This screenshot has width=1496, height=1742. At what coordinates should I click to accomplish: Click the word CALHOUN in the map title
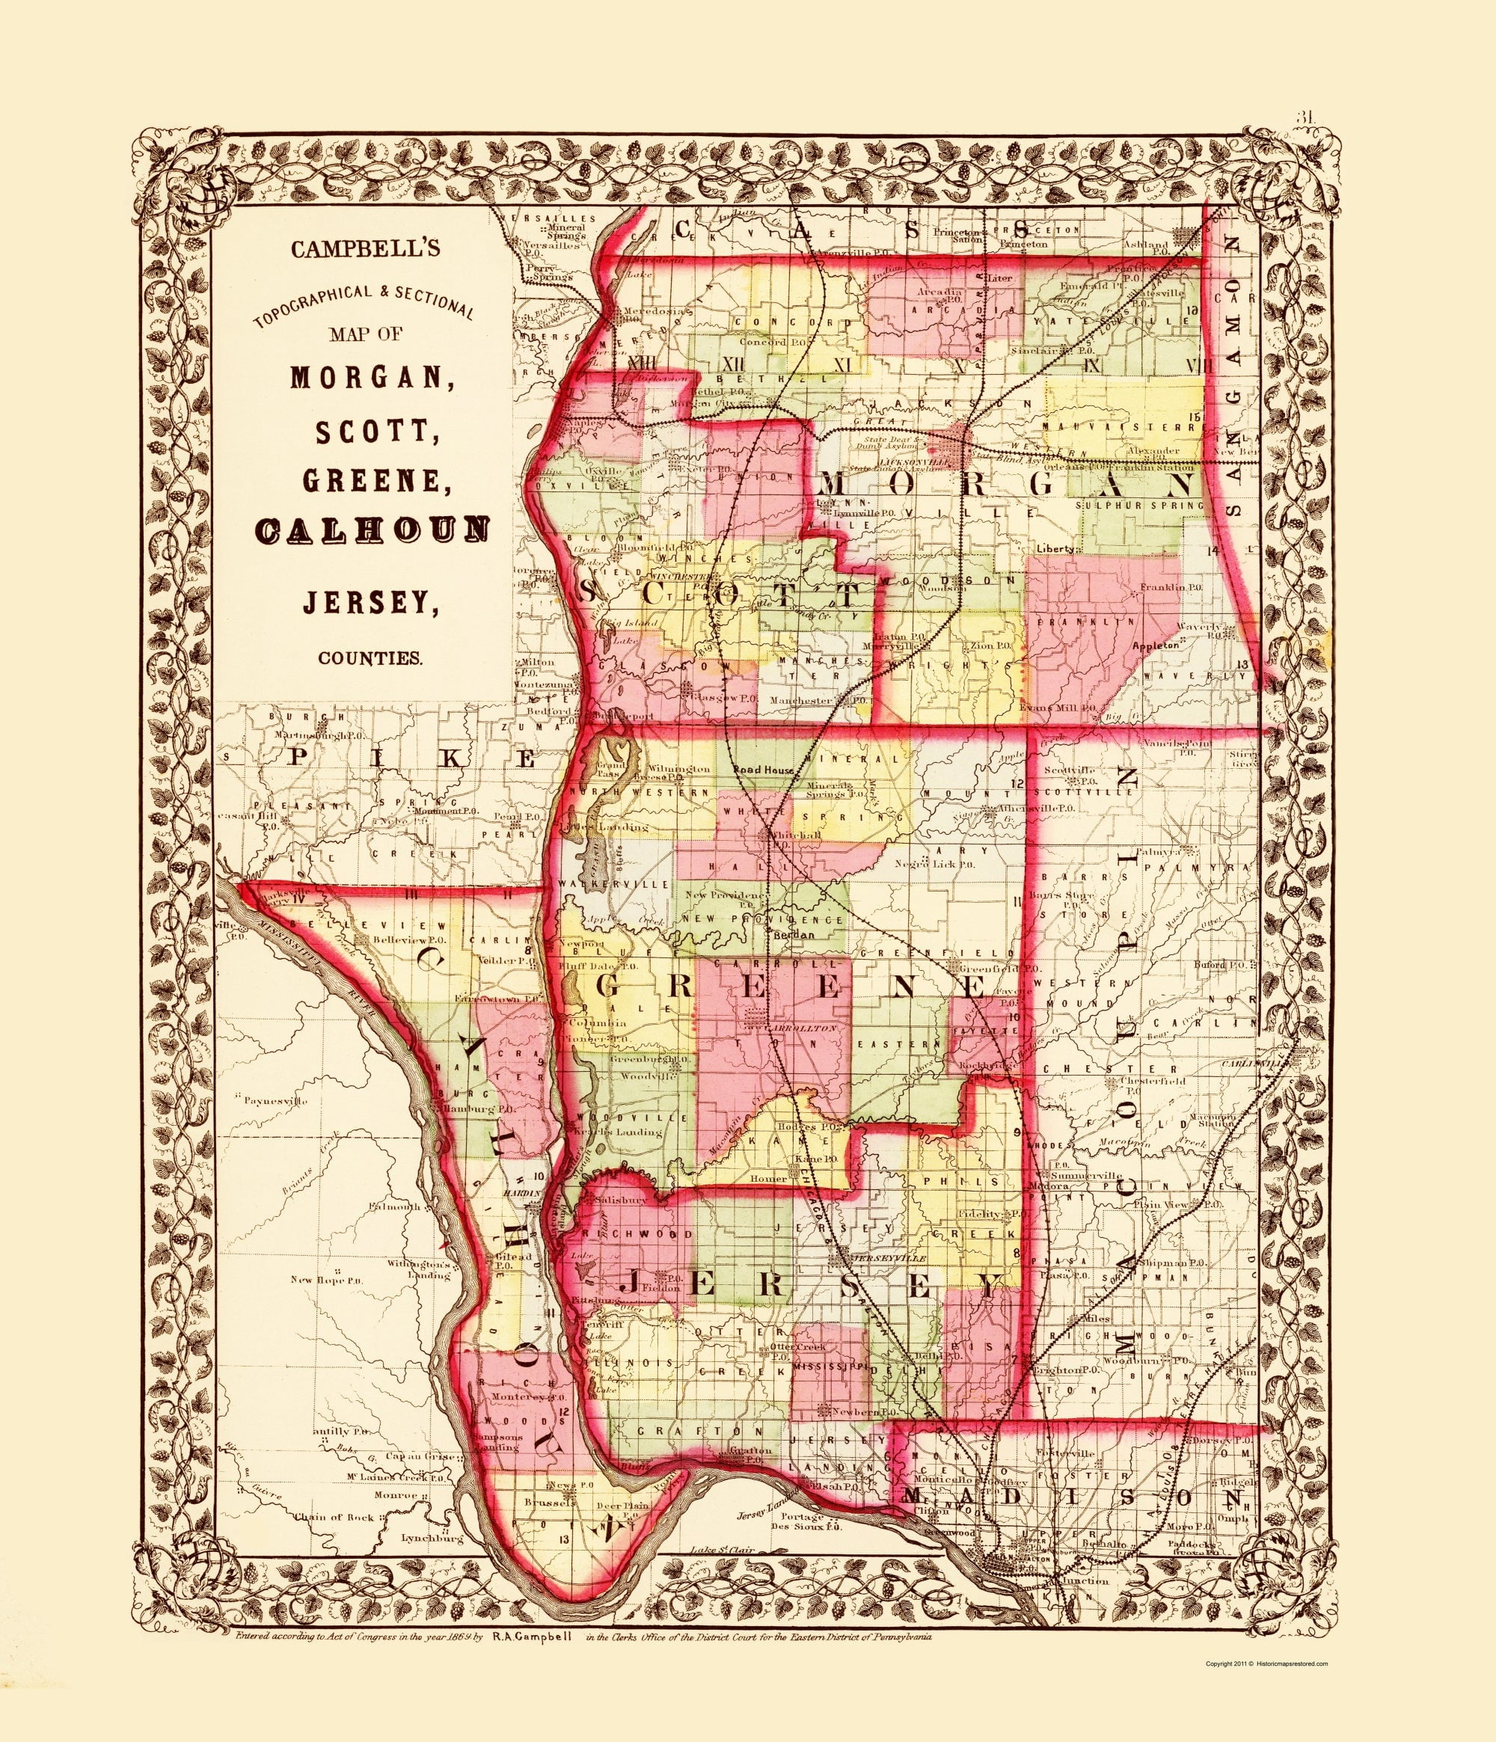tap(370, 529)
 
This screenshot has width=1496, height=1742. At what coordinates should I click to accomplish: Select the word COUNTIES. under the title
tap(370, 658)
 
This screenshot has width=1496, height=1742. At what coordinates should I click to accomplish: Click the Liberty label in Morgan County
tap(1055, 548)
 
